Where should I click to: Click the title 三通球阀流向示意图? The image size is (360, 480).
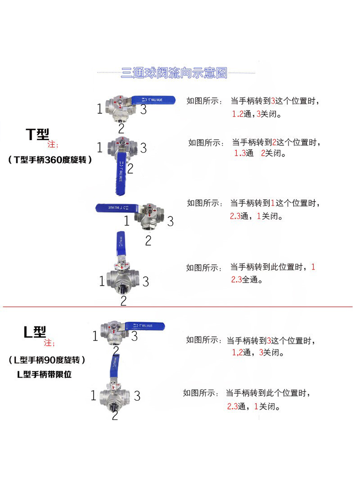(174, 73)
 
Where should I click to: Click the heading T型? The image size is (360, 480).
(37, 134)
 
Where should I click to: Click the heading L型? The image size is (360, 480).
(35, 331)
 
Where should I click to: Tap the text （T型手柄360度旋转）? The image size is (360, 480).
(49, 160)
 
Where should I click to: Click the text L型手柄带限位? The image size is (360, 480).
(44, 374)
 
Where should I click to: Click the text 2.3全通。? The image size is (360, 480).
(247, 280)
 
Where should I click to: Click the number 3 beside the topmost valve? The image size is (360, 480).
(144, 109)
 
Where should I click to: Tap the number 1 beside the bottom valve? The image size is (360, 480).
(94, 396)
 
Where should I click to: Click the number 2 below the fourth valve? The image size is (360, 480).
(123, 301)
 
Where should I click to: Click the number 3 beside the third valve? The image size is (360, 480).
(170, 222)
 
